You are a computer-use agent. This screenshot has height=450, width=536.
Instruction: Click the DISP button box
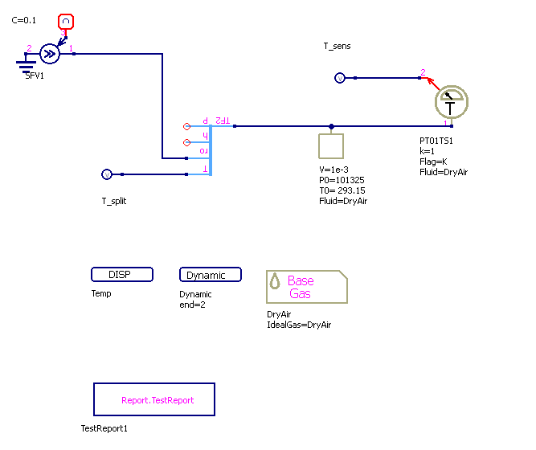(122, 275)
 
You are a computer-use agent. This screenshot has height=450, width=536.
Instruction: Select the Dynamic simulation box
(210, 275)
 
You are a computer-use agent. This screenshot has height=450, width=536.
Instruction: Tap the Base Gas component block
(306, 287)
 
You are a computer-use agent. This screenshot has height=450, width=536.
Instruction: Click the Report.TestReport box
(154, 399)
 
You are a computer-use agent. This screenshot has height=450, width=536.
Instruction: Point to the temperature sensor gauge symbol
(451, 103)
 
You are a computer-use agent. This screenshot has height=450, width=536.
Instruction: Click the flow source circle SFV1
(50, 54)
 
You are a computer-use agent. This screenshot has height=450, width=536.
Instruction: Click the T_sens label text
(337, 47)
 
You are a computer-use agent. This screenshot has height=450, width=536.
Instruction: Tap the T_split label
(113, 201)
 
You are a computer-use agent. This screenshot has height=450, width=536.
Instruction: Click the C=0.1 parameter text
(24, 20)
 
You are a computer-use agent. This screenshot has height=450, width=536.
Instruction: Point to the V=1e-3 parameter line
(334, 171)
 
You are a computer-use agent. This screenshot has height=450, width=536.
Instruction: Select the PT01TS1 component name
(436, 141)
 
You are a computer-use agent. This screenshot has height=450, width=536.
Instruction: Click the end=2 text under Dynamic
(194, 305)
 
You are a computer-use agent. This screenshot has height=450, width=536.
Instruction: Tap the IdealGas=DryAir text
(299, 325)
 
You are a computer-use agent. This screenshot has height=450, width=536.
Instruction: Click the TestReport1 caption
(104, 429)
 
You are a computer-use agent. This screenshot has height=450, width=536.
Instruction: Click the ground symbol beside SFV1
(27, 62)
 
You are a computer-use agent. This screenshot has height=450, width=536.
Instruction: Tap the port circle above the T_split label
(107, 174)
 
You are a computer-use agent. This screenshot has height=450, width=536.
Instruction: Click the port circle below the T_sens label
(339, 78)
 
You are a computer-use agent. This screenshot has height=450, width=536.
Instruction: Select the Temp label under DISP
(101, 294)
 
